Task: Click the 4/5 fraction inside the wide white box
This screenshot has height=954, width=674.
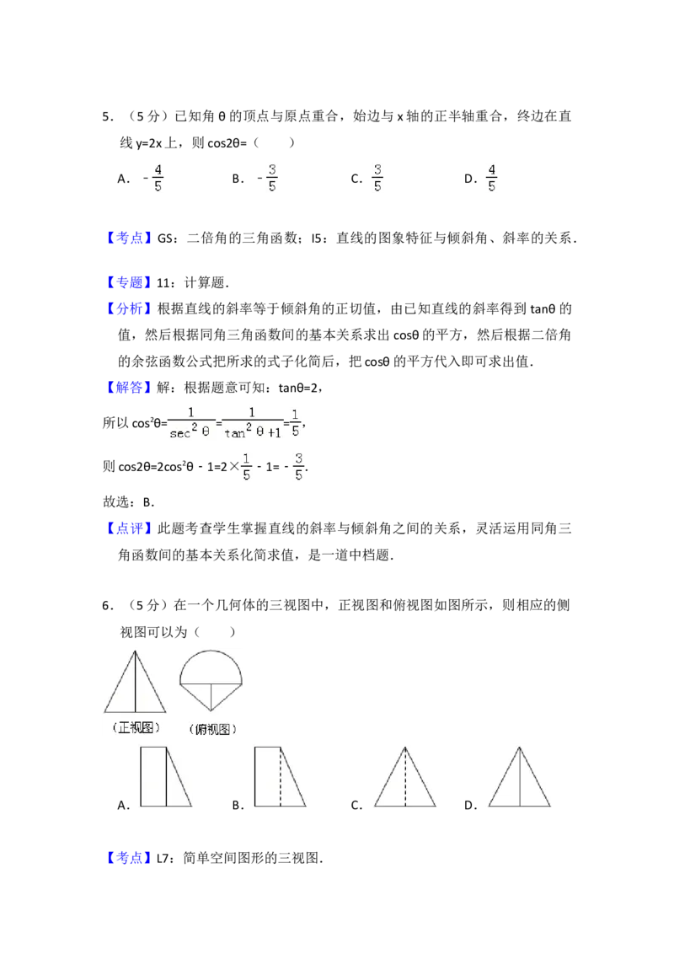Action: (x=492, y=178)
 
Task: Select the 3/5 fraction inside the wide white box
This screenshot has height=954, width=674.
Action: (x=377, y=178)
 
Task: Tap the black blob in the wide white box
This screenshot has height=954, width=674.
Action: (x=473, y=178)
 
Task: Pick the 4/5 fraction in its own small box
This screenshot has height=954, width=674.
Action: (x=158, y=178)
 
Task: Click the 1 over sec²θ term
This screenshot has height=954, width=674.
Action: (x=190, y=421)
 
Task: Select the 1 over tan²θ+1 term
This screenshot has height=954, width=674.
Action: (x=252, y=421)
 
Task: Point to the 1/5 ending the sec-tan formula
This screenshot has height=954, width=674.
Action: (x=297, y=421)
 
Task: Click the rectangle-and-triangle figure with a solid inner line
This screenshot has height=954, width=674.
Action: (x=166, y=776)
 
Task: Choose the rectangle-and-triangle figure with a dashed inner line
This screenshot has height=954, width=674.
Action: (x=280, y=776)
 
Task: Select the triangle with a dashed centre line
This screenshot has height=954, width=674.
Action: (x=404, y=776)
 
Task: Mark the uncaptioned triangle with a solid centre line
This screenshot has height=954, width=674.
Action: (x=519, y=776)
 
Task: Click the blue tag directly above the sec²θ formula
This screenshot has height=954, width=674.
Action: (x=131, y=388)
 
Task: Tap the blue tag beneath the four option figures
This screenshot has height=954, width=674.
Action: (x=131, y=859)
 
